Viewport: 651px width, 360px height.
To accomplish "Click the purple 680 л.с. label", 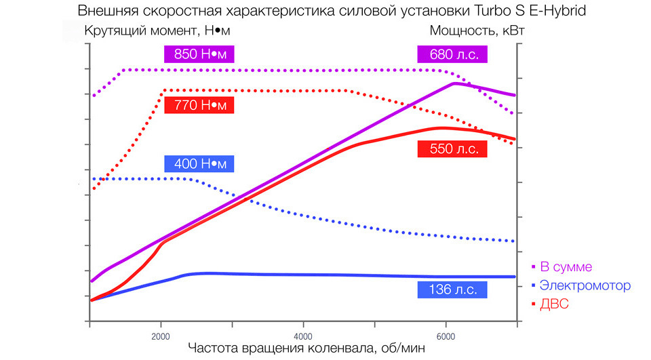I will pyautogui.click(x=452, y=54).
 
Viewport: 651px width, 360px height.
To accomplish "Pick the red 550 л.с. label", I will pyautogui.click(x=452, y=149).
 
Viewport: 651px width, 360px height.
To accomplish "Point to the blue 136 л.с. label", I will pyautogui.click(x=452, y=289).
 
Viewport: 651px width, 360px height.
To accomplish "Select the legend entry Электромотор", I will pyautogui.click(x=585, y=285).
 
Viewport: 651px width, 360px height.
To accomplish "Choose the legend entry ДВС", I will pyautogui.click(x=554, y=304).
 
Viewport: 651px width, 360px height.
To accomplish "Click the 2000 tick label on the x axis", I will pyautogui.click(x=161, y=336).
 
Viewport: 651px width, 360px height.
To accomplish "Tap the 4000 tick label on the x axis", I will pyautogui.click(x=303, y=336).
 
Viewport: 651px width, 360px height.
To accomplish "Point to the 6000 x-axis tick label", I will pyautogui.click(x=446, y=336).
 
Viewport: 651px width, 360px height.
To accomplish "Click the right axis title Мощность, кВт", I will pyautogui.click(x=477, y=31).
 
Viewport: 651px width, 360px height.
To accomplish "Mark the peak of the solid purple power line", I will pyautogui.click(x=454, y=83).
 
